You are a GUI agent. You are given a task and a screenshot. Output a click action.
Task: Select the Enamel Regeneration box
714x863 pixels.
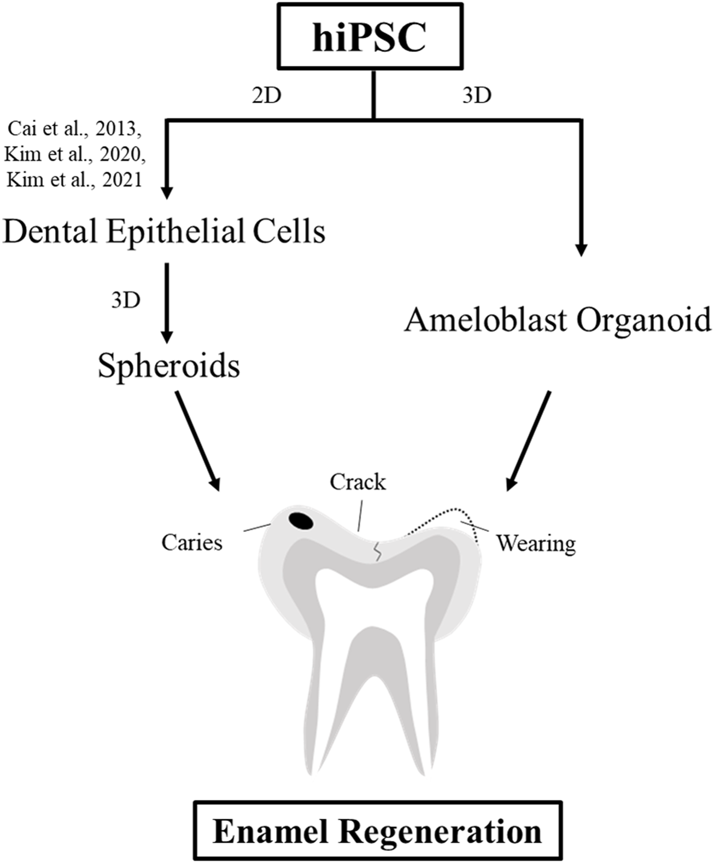tap(377, 832)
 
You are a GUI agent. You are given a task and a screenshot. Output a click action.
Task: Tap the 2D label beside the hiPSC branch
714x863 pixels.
tap(266, 96)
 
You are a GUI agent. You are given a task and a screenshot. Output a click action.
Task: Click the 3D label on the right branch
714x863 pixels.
tap(477, 96)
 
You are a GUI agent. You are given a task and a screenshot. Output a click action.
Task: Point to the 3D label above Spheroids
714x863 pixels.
tap(126, 300)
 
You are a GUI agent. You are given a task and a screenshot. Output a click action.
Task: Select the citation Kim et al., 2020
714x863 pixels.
tap(75, 155)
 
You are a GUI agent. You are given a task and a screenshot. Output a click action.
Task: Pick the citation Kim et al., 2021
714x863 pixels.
tap(74, 179)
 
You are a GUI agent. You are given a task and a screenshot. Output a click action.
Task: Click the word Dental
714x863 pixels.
tap(50, 231)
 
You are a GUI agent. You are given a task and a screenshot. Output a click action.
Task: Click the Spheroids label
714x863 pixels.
tap(169, 366)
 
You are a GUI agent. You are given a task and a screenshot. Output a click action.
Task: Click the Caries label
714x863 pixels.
tap(192, 543)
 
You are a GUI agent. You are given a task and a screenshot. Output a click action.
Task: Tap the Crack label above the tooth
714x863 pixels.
tap(358, 483)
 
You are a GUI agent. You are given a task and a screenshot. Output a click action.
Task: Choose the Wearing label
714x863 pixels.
tap(536, 544)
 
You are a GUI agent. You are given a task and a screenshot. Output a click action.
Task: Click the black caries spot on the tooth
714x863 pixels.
tap(301, 521)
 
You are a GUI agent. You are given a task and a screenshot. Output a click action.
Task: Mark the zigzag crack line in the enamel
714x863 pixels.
tap(377, 552)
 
